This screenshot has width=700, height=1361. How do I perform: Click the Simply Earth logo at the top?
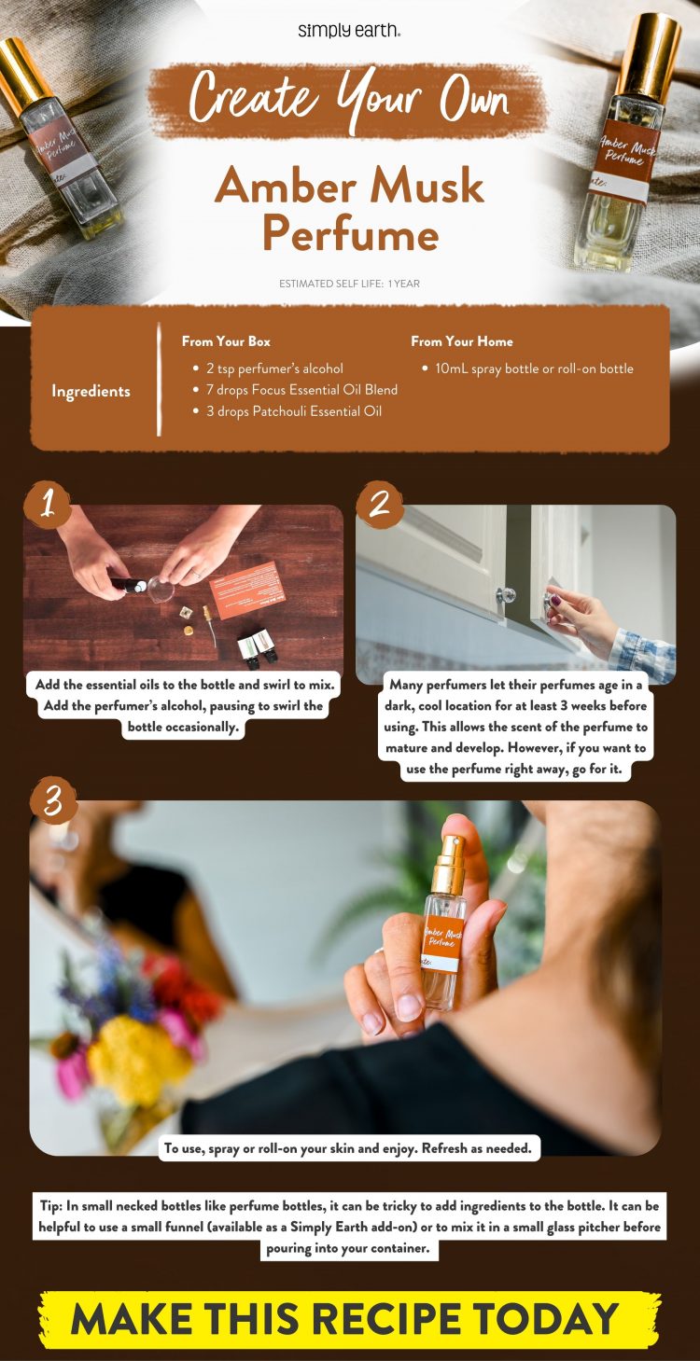(349, 30)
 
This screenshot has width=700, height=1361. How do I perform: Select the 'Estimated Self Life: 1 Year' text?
(349, 284)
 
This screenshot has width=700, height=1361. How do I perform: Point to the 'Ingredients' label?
(91, 391)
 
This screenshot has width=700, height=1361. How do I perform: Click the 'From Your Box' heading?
(226, 341)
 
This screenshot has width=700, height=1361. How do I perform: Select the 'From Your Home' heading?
(462, 341)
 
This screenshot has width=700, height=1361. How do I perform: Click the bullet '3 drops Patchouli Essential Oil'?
(293, 411)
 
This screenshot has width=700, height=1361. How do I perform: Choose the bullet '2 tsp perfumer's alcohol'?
(274, 368)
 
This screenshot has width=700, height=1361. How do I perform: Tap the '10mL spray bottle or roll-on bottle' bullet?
(534, 368)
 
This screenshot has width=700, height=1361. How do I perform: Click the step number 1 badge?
(48, 504)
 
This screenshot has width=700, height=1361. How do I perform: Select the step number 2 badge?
(379, 504)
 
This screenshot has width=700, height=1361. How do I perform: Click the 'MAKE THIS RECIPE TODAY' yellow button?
(349, 1319)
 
